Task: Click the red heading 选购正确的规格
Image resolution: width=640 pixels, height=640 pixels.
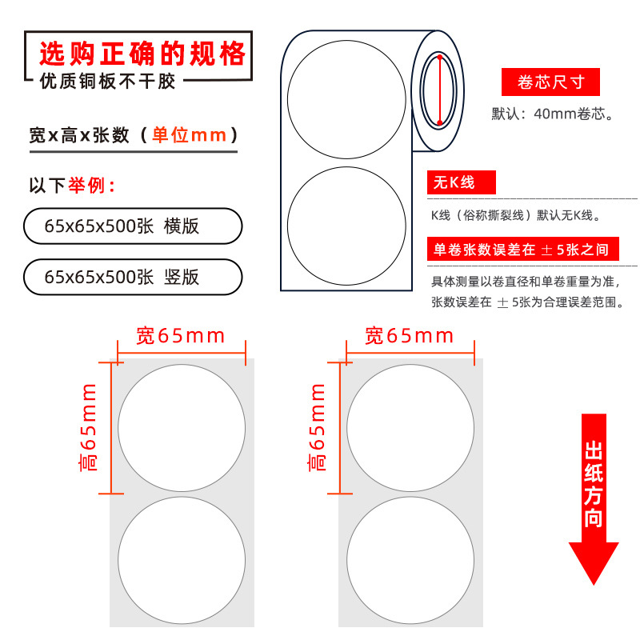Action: click(142, 54)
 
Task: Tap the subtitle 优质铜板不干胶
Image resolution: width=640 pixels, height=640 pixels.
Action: click(108, 82)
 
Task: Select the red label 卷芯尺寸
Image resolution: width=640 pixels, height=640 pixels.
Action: click(550, 82)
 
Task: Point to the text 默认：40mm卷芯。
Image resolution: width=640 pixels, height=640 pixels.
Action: click(552, 114)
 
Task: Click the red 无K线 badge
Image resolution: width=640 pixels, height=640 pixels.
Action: click(462, 182)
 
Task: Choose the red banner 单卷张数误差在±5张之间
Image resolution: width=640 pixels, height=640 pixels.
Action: click(523, 249)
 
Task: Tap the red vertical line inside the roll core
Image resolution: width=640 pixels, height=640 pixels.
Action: click(439, 90)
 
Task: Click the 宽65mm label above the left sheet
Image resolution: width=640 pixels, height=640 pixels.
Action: click(181, 336)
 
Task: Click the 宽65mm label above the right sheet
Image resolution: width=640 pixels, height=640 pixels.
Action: click(409, 336)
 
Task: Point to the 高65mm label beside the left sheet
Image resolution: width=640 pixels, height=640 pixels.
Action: click(88, 427)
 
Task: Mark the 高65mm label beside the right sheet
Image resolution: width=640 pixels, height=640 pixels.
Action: click(316, 427)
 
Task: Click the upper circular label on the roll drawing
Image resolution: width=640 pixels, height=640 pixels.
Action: click(346, 99)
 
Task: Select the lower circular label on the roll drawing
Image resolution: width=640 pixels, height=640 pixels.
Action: click(346, 226)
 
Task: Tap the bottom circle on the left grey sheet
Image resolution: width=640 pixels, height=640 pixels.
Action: click(182, 560)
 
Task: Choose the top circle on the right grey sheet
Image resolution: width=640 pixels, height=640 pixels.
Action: click(410, 428)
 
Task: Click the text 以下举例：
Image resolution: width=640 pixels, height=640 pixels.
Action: click(73, 186)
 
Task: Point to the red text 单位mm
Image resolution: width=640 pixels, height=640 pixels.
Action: click(190, 135)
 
